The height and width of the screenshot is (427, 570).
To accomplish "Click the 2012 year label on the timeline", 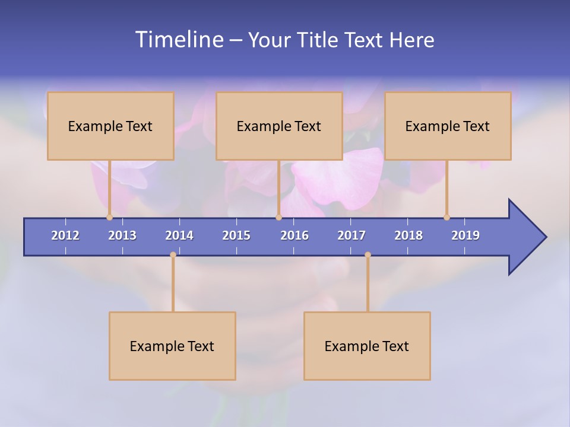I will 65,235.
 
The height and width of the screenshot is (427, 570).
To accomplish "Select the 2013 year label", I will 122,235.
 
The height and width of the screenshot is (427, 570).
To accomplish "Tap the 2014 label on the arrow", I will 179,235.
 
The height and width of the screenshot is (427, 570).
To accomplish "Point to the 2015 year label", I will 236,235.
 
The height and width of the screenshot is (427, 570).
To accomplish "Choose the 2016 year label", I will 294,235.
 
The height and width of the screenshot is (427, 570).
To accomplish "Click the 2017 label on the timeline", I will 351,235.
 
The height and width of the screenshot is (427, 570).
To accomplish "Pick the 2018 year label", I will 408,235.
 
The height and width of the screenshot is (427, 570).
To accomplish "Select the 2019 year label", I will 465,235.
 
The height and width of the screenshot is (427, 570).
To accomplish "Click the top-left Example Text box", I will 110,126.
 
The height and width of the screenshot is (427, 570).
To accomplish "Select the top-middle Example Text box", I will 279,126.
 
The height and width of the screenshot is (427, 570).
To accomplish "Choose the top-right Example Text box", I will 448,126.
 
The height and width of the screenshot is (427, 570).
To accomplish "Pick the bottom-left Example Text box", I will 172,346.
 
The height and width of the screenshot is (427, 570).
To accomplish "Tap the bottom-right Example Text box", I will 367,346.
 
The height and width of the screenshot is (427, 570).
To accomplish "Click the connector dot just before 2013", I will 109,217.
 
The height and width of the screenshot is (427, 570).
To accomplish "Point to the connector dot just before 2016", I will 278,217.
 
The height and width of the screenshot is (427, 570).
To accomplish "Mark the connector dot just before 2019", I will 446,217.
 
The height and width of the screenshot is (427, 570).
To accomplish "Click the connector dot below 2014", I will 173,255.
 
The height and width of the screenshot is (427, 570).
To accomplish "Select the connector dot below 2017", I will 368,255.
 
